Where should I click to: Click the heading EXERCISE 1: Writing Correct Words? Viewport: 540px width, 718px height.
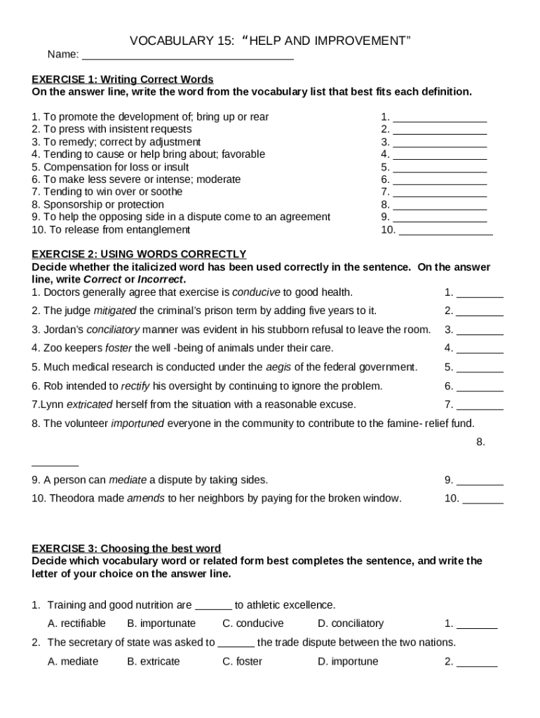[x=123, y=79]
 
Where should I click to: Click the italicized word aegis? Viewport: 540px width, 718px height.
[x=278, y=367]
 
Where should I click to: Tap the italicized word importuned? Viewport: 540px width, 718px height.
[x=137, y=424]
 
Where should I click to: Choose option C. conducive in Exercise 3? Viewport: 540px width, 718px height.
[x=253, y=623]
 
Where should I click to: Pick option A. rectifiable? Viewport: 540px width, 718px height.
[x=76, y=623]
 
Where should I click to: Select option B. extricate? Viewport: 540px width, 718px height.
[x=154, y=661]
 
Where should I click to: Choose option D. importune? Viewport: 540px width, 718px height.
[x=348, y=661]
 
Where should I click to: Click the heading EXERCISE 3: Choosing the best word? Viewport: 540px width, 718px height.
[x=126, y=548]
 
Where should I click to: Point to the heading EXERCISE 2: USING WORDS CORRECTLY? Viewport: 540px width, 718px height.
[x=139, y=254]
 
